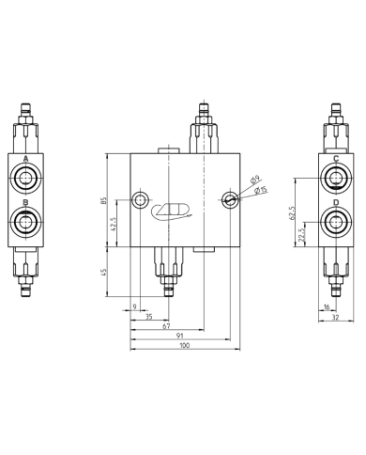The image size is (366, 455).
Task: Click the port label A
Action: (26, 159)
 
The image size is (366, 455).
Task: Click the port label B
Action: (26, 202)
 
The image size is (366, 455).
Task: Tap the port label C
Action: (335, 159)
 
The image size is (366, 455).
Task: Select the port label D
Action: (335, 202)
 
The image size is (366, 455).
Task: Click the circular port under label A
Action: (26, 178)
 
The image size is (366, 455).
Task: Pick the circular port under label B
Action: (26, 222)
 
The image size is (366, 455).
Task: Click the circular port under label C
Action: (335, 178)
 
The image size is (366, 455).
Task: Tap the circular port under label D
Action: (335, 222)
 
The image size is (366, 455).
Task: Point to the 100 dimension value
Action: (184, 346)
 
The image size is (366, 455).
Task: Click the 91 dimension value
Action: (178, 335)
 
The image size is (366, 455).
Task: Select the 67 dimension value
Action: (165, 324)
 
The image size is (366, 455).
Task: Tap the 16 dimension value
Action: (327, 306)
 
